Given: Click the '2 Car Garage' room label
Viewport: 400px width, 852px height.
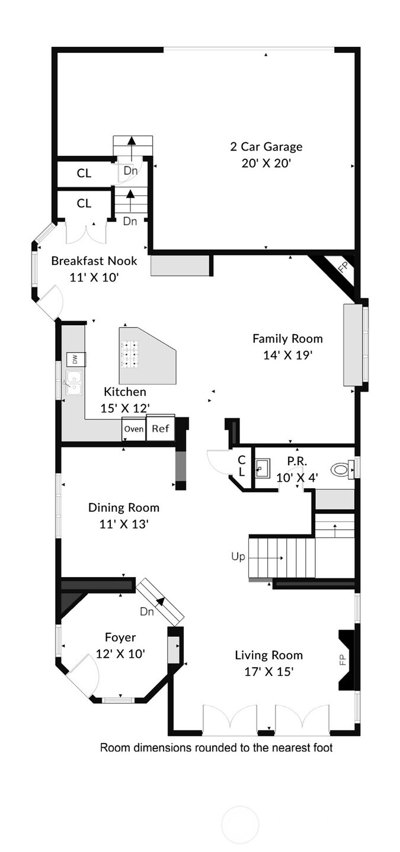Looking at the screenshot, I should [266, 146].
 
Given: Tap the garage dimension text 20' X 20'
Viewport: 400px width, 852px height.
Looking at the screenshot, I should [266, 163].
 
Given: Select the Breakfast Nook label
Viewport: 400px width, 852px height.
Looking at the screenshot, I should [94, 261].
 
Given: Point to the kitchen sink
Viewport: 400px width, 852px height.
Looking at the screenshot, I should [74, 383].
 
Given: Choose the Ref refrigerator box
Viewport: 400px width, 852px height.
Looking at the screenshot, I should [161, 428].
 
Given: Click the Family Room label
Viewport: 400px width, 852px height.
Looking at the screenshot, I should [287, 339].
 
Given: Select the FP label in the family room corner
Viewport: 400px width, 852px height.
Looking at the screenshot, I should [343, 267].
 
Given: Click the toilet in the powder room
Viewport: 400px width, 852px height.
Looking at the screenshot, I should [341, 469].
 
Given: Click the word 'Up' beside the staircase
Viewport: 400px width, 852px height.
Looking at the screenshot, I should [238, 557].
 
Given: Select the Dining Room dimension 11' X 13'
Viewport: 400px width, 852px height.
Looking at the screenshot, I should [124, 524].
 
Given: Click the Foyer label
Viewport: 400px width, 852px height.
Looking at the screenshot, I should [120, 638].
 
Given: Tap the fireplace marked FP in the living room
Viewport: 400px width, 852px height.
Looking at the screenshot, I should [345, 660].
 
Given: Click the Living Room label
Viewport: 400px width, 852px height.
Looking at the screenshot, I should [268, 655].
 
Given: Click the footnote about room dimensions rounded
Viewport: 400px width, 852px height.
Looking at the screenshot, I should [216, 748].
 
